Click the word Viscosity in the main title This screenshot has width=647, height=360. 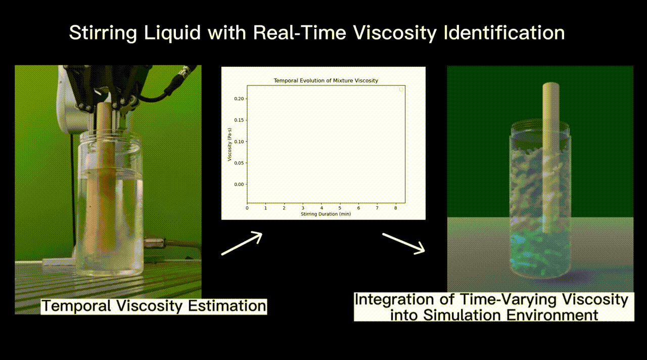(395, 33)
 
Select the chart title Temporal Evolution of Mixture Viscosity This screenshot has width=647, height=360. (326, 80)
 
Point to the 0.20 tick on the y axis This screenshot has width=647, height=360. (239, 99)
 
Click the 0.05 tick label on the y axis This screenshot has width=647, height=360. (239, 163)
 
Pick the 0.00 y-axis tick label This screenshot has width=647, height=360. (239, 185)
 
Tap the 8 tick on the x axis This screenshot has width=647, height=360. (396, 208)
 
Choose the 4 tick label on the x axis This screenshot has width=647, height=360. (321, 208)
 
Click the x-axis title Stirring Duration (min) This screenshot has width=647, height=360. (326, 214)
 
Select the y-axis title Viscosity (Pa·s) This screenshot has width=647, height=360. (229, 145)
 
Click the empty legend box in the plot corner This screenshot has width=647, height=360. (401, 89)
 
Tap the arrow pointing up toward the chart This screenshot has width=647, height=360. (242, 243)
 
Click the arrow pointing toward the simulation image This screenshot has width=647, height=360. (403, 244)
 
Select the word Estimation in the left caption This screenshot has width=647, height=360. (227, 306)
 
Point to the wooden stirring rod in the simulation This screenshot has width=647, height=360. (551, 157)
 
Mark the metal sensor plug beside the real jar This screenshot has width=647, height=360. (155, 243)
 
